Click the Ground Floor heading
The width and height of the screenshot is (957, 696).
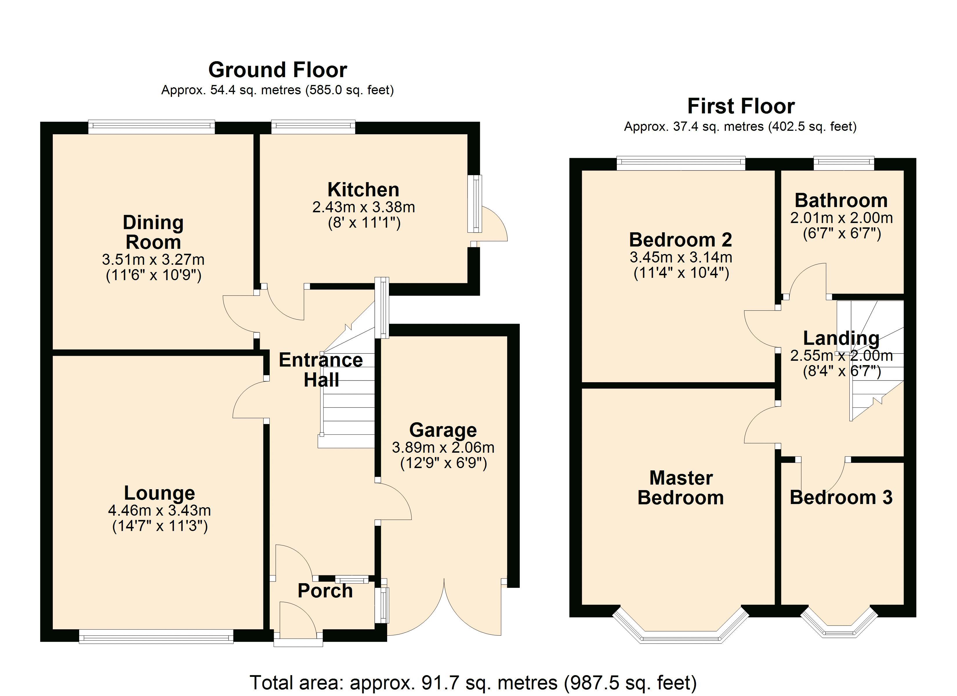277,70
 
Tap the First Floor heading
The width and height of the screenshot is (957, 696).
741,106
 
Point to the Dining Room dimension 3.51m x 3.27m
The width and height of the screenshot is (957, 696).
153,259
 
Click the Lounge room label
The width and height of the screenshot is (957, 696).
159,493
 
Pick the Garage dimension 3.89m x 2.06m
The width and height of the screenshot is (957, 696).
443,447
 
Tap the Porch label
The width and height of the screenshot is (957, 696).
325,591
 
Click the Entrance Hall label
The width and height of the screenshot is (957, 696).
321,370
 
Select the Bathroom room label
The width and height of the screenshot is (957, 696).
841,200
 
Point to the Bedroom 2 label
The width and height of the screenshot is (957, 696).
680,240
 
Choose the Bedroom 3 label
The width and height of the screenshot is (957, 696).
841,498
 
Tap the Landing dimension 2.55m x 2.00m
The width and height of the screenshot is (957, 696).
841,356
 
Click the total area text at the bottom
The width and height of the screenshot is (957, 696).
473,682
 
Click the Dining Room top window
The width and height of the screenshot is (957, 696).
151,127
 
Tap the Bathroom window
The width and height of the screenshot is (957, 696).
844,163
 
